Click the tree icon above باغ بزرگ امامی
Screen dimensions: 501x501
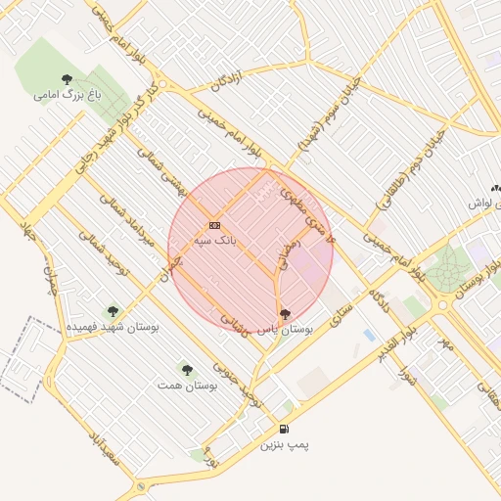[67, 79]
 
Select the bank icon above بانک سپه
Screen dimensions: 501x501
[214, 225]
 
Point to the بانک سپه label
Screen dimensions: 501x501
[214, 240]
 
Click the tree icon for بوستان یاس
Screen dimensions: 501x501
[284, 314]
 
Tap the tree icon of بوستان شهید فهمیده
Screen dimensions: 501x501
[111, 310]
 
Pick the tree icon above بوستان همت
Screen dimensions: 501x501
[187, 370]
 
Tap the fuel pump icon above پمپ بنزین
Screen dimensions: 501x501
[284, 429]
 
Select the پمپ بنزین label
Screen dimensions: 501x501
[284, 445]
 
